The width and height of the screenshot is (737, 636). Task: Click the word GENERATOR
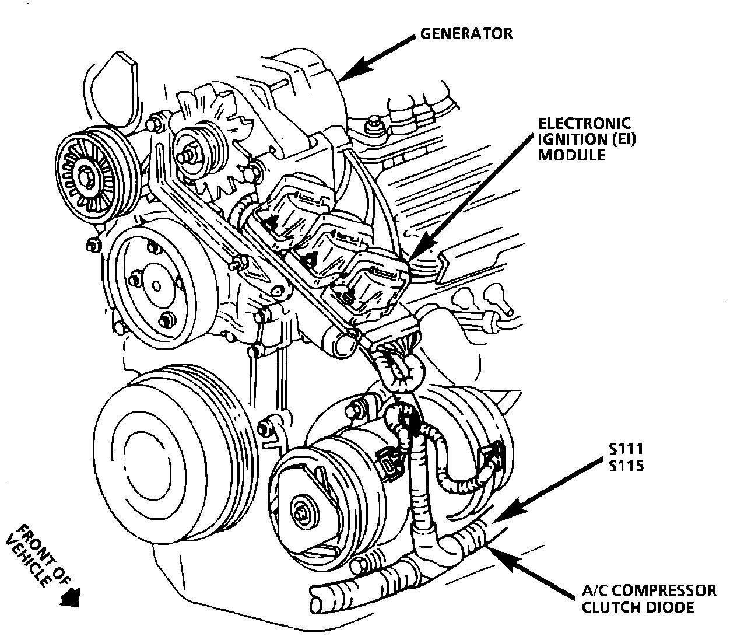pos(466,33)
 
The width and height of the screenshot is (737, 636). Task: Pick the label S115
pos(625,466)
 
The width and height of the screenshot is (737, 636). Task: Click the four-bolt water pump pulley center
pos(156,286)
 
